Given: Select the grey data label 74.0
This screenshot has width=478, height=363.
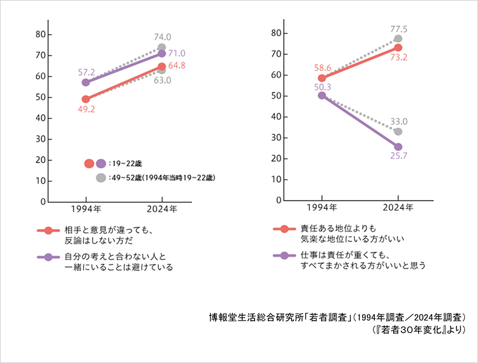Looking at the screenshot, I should (161, 37).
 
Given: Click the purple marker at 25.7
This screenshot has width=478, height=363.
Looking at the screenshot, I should (398, 146).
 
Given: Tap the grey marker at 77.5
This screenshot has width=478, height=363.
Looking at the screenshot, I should (398, 39).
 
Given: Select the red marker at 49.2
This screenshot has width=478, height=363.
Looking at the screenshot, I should (86, 99).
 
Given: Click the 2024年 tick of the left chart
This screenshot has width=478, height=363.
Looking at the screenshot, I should (162, 210).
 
